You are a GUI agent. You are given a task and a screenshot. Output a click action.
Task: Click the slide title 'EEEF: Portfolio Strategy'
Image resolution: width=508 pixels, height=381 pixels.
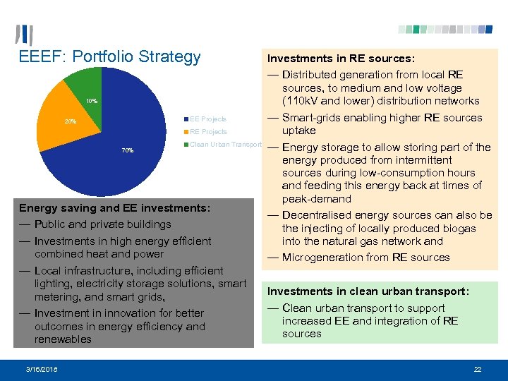point(109,57)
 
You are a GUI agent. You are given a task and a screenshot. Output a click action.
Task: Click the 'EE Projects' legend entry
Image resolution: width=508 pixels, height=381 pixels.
point(207,119)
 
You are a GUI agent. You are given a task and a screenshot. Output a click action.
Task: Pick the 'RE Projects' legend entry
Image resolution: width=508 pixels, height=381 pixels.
point(207,131)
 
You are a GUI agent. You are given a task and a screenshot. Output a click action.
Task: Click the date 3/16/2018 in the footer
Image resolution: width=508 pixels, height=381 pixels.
point(42,369)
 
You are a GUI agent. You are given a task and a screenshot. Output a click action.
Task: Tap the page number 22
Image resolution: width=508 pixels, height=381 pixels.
point(478,369)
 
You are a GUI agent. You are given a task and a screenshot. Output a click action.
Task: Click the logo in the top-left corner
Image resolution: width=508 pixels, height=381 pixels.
point(24,35)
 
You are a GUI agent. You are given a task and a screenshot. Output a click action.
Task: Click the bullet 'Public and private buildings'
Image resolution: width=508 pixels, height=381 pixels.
point(102,224)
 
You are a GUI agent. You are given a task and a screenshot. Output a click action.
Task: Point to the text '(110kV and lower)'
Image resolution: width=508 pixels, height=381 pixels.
point(326,101)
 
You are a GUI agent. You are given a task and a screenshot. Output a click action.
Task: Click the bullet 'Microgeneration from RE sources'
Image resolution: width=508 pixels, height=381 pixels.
point(365,258)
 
